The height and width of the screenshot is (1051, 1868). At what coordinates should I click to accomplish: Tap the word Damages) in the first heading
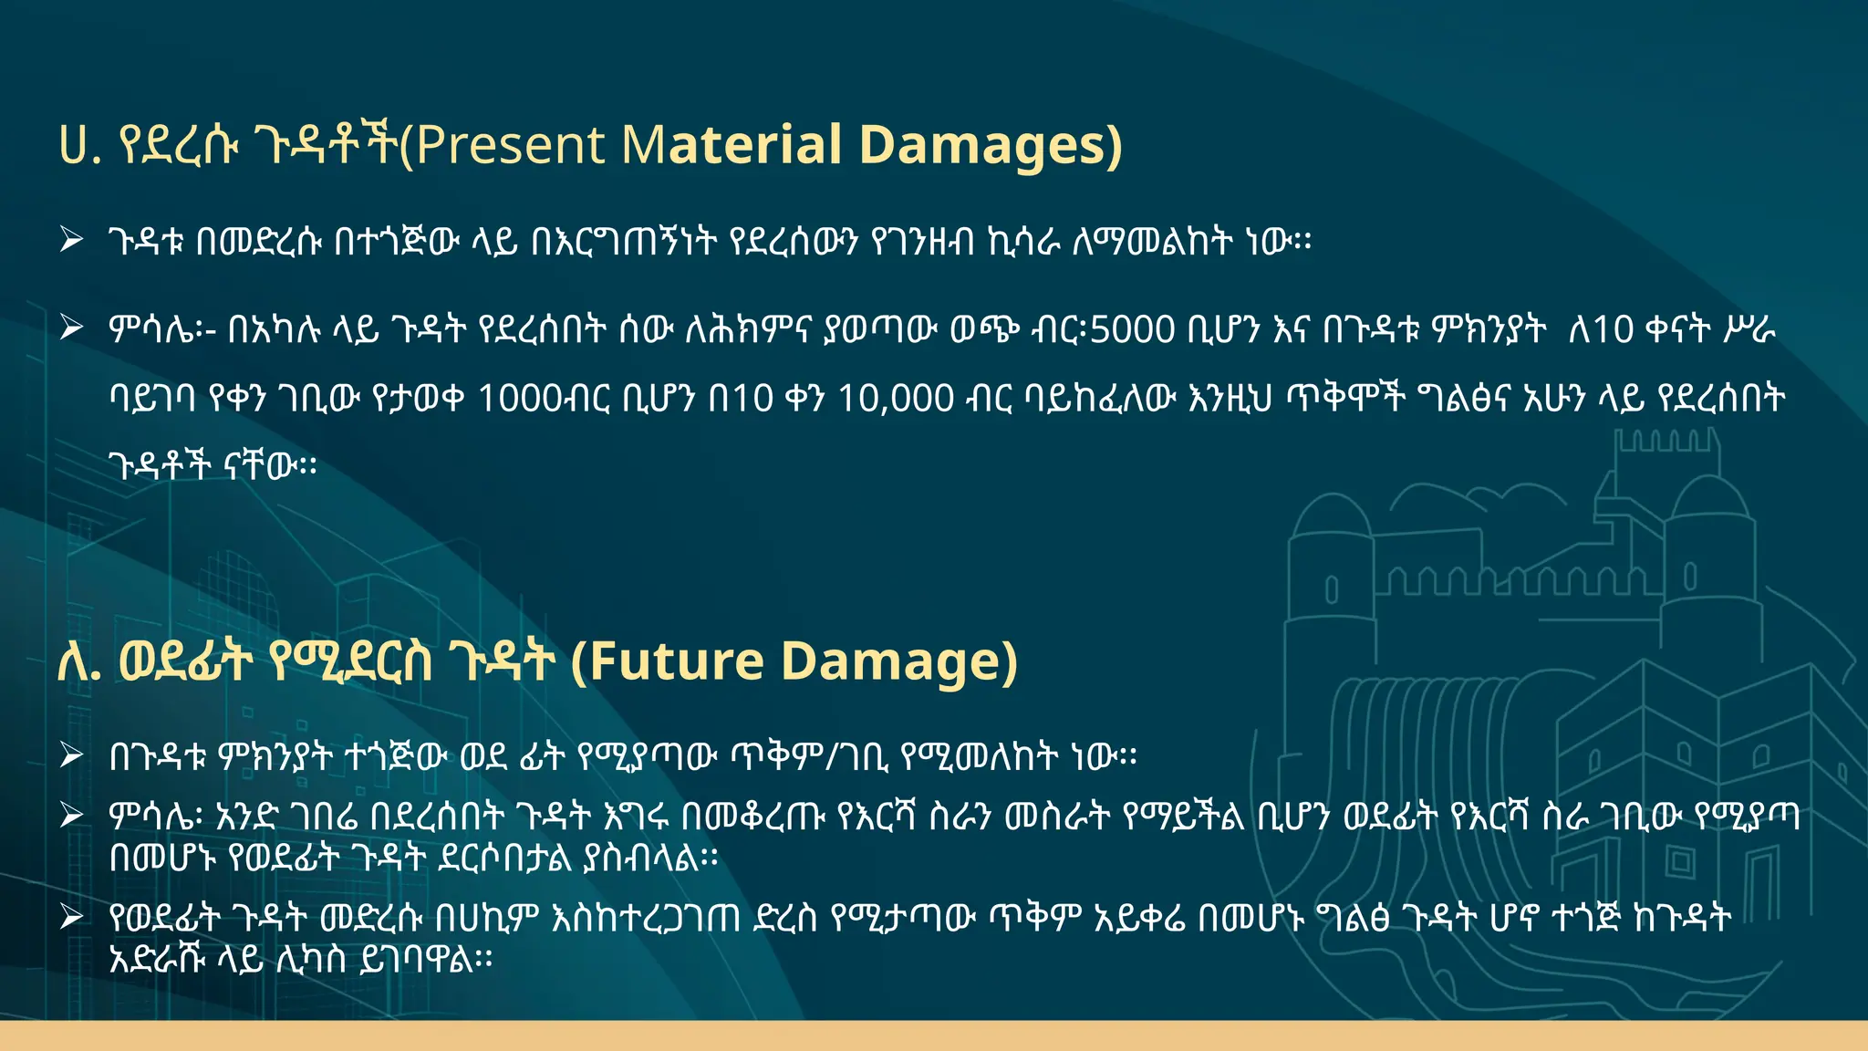coord(991,146)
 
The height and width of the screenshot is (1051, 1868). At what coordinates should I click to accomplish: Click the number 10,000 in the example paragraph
coord(896,399)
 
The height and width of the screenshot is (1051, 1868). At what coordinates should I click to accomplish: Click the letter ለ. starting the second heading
coord(78,661)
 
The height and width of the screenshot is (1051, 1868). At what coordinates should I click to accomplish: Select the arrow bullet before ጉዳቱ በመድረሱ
coord(71,241)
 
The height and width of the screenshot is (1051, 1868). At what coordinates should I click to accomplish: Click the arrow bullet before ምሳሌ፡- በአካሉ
coord(71,327)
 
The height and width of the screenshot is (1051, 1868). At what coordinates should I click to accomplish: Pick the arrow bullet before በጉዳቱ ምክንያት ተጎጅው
coord(71,755)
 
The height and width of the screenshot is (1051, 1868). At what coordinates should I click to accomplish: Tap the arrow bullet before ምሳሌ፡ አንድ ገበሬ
coord(71,815)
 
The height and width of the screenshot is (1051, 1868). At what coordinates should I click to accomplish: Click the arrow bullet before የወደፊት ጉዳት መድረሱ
coord(71,917)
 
